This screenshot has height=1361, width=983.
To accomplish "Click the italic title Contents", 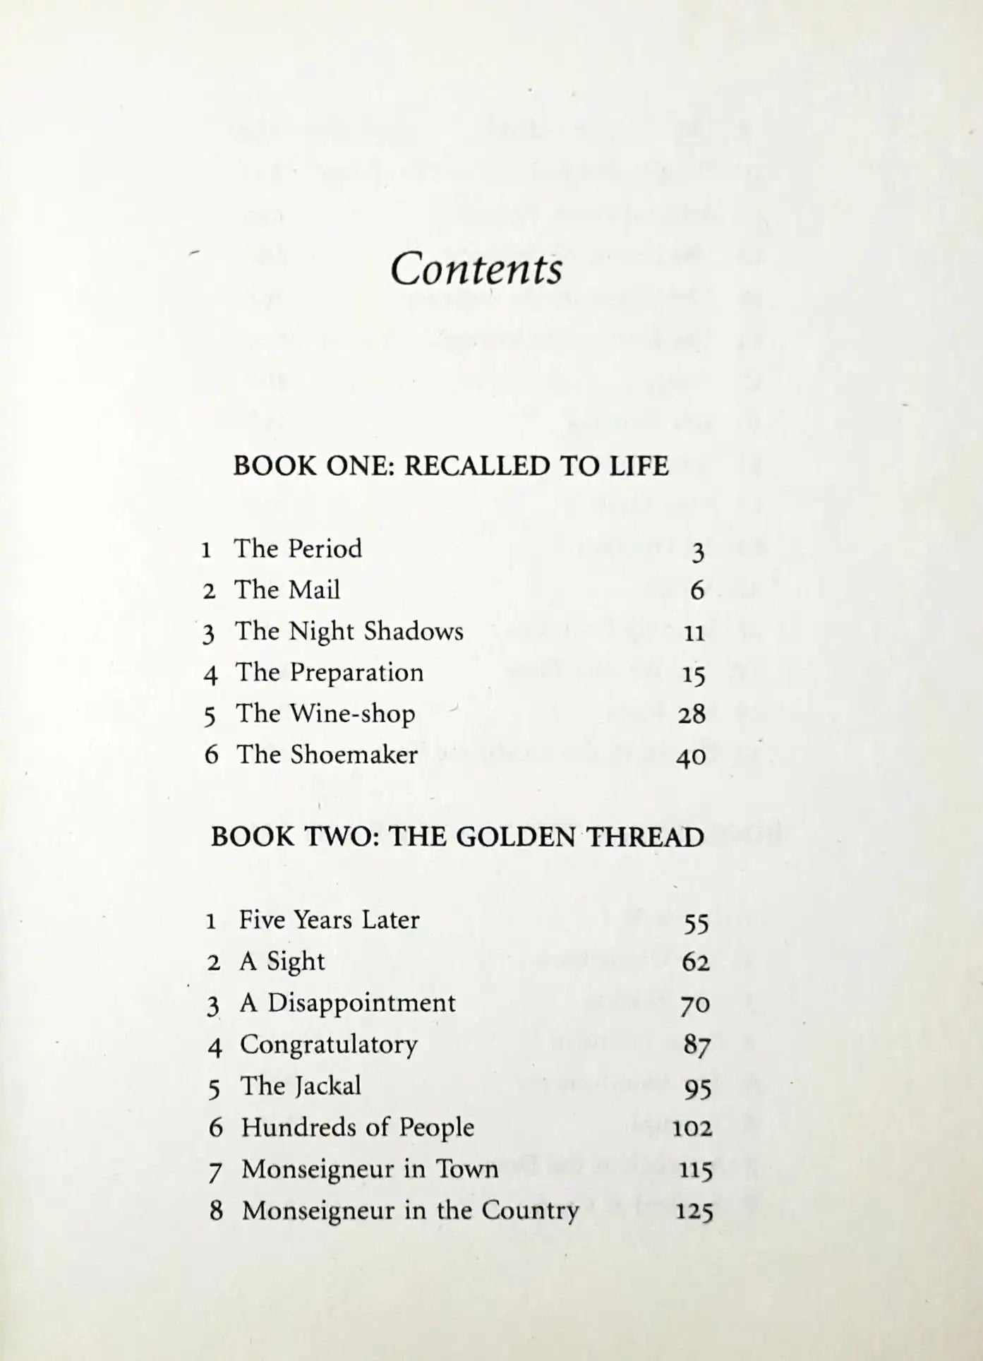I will pyautogui.click(x=476, y=270).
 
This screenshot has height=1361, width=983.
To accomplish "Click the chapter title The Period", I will pyautogui.click(x=298, y=549).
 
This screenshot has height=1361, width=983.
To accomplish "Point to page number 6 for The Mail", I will pyautogui.click(x=696, y=590).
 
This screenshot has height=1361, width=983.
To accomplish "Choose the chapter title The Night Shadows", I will pyautogui.click(x=349, y=632).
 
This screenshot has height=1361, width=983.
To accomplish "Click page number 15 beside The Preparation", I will pyautogui.click(x=694, y=676).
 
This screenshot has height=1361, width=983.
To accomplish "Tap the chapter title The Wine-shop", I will pyautogui.click(x=325, y=714).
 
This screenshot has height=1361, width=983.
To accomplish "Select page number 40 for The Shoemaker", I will pyautogui.click(x=691, y=757).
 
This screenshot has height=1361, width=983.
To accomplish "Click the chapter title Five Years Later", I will pyautogui.click(x=329, y=921).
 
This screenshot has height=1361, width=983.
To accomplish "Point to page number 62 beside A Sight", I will pyautogui.click(x=695, y=963).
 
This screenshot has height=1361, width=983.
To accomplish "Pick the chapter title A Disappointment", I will pyautogui.click(x=347, y=1003).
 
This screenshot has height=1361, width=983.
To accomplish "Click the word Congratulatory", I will pyautogui.click(x=329, y=1045).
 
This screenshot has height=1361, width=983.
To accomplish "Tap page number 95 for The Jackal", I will pyautogui.click(x=697, y=1091).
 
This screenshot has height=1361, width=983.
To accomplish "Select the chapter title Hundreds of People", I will pyautogui.click(x=357, y=1128).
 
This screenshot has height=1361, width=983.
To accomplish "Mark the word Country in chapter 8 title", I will pyautogui.click(x=530, y=1211).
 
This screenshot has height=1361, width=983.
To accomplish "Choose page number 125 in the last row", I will pyautogui.click(x=694, y=1213).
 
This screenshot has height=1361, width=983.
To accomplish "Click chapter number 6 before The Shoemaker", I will pyautogui.click(x=211, y=755).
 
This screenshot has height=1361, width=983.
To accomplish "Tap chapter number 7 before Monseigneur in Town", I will pyautogui.click(x=215, y=1171).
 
